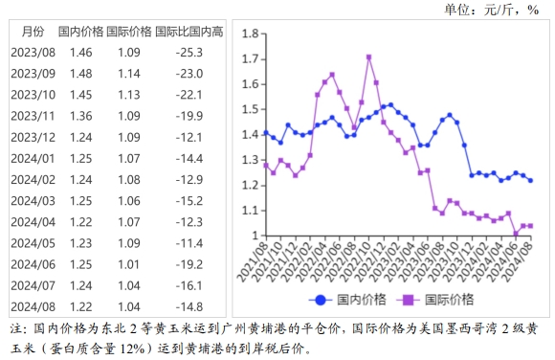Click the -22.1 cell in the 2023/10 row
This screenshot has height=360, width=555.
tap(190, 94)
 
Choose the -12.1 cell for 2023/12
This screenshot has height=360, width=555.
tap(190, 137)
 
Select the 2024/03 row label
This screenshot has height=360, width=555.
tap(33, 200)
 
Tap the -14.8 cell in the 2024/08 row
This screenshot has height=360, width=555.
tap(190, 306)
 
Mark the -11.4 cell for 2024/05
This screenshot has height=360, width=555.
tap(190, 243)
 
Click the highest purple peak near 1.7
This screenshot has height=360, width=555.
tap(369, 56)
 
